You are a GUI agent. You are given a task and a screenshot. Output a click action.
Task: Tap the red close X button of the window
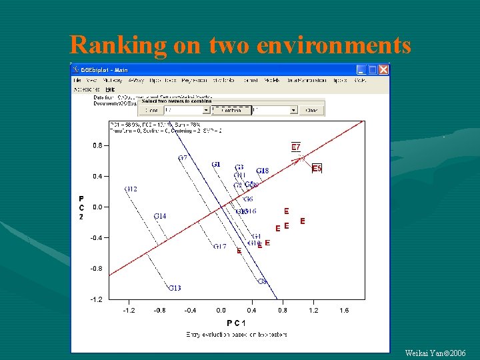pyautogui.click(x=383, y=69)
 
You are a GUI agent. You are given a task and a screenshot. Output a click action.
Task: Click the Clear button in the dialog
pyautogui.click(x=311, y=110)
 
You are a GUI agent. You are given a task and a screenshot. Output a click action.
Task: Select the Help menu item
pyautogui.click(x=110, y=89)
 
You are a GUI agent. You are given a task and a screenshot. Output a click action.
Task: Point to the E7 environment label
pyautogui.click(x=296, y=147)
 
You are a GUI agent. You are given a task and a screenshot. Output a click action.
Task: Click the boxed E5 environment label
pyautogui.click(x=317, y=169)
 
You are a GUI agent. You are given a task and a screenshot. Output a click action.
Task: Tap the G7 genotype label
pyautogui.click(x=183, y=158)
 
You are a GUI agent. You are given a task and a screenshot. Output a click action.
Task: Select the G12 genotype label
pyautogui.click(x=131, y=189)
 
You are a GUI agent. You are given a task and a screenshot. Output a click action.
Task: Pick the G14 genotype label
pyautogui.click(x=160, y=216)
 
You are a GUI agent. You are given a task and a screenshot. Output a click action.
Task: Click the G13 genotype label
pyautogui.click(x=174, y=288)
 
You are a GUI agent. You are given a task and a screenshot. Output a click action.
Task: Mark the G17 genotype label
pyautogui.click(x=219, y=247)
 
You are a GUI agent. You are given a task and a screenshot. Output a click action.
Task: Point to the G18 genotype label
pyautogui.click(x=262, y=171)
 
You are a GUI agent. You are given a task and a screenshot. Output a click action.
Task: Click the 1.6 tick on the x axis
pyautogui.click(x=343, y=310)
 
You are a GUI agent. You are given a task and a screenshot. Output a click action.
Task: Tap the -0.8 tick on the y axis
pyautogui.click(x=97, y=268)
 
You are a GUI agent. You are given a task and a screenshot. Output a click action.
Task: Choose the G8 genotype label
pyautogui.click(x=263, y=281)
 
